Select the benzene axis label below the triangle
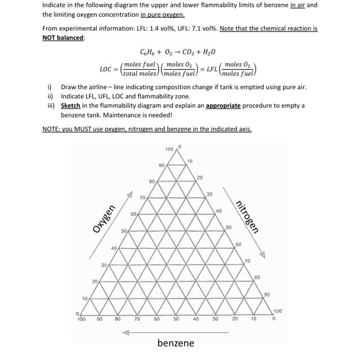(x=176, y=343)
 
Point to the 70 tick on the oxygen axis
(x=142, y=198)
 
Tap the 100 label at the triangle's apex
(x=169, y=150)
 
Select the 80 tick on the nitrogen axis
(x=257, y=277)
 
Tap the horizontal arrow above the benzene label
(x=176, y=333)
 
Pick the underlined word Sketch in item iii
(x=70, y=105)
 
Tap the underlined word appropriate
(x=224, y=105)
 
